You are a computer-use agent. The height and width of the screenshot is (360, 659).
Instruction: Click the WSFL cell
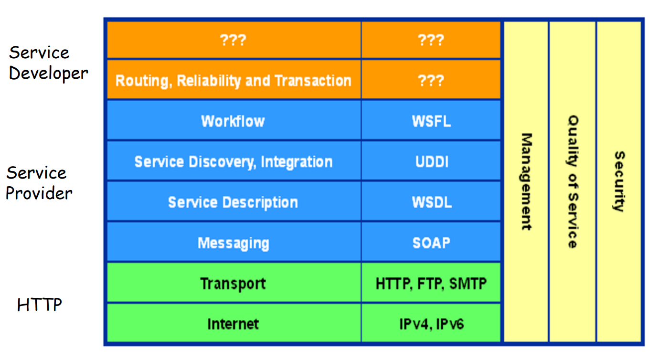point(431,121)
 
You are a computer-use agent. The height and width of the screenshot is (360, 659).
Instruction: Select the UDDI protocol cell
point(431,161)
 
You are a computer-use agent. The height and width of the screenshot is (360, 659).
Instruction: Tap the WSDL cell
point(431,202)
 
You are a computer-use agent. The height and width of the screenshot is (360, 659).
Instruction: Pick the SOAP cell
point(431,243)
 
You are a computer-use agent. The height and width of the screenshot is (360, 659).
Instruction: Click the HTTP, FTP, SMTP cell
point(431,284)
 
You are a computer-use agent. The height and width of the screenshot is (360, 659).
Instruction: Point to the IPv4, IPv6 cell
point(431,324)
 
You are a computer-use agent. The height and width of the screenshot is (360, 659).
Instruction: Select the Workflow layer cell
point(233,121)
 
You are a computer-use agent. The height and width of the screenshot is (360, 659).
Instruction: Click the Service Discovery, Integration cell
point(233,161)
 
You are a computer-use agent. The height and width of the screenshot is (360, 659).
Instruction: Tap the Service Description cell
point(233,202)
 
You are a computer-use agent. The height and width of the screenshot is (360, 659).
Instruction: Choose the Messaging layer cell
point(233,243)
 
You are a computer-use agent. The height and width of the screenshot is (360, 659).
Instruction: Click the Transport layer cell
point(233,284)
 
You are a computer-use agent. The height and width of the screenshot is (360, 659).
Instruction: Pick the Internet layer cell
point(233,324)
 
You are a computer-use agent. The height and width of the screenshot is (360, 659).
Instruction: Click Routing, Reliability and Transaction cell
point(233,80)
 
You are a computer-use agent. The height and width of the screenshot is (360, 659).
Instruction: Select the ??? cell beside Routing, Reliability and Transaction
point(431,80)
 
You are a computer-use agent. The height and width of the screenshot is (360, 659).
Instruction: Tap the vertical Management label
point(526,181)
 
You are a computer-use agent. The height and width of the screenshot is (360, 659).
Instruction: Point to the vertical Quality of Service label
point(573,181)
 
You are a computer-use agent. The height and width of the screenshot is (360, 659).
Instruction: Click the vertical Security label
point(619,181)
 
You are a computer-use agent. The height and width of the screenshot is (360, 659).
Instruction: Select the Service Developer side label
point(48,63)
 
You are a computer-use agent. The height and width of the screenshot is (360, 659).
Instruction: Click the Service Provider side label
point(39,182)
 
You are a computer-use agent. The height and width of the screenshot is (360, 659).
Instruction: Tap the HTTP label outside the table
point(39,305)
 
